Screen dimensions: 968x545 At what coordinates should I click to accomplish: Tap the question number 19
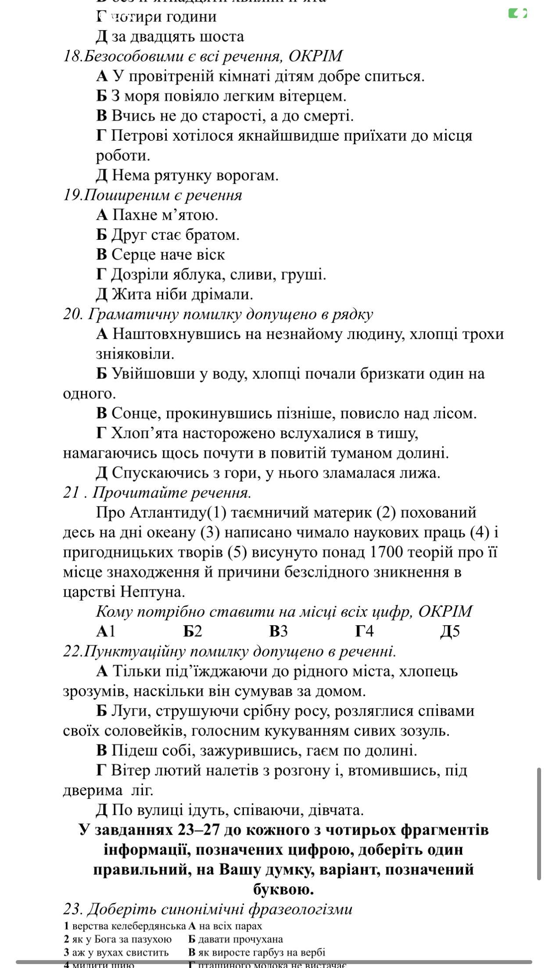point(72,195)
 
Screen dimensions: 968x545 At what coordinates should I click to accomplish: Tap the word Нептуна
point(152,592)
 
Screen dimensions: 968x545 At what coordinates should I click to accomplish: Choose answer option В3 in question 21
point(278,632)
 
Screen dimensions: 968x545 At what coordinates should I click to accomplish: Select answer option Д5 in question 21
point(450,632)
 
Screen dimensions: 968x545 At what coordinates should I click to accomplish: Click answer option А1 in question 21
point(106,632)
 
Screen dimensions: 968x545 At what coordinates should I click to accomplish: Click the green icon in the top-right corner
point(517,14)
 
